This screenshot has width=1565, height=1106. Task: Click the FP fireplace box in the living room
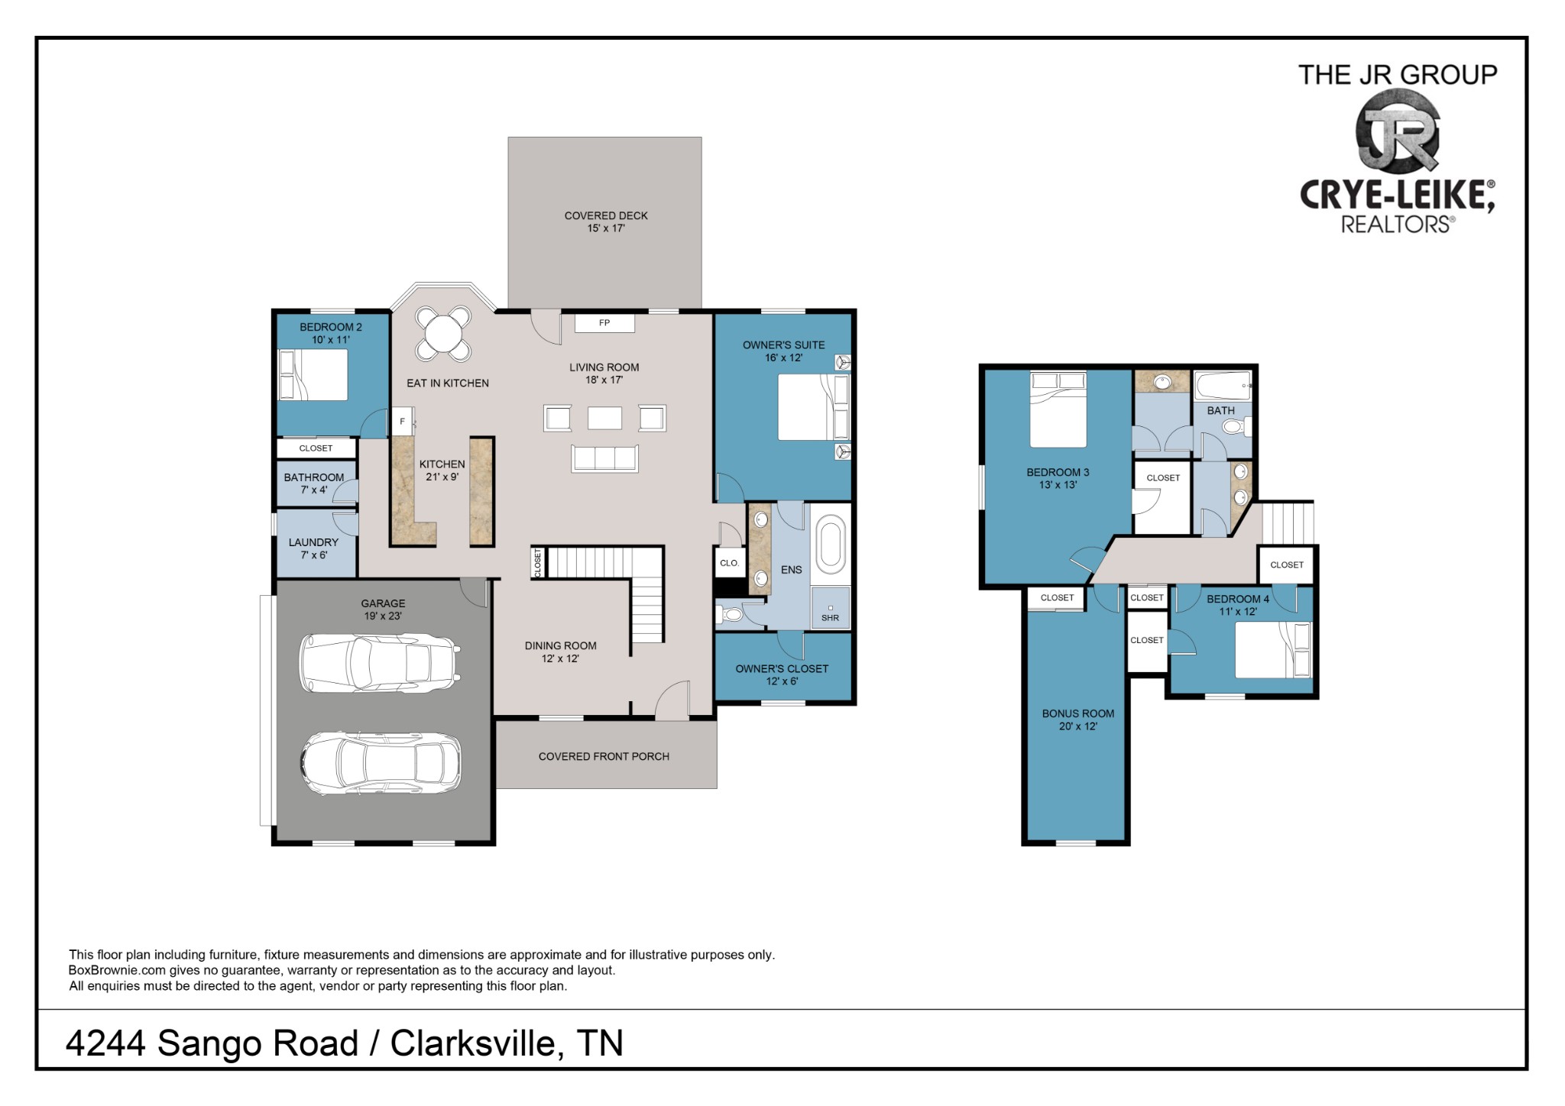coord(604,323)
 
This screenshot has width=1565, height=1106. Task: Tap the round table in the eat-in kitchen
coord(443,333)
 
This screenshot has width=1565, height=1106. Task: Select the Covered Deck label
coord(606,222)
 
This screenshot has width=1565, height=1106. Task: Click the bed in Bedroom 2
coord(313,374)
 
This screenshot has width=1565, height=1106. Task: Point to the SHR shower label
coord(830,618)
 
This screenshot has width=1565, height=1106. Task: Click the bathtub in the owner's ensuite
coord(831,544)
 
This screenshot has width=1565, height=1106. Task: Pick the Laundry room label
coord(313,548)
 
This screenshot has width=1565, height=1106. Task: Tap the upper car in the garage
coord(380,662)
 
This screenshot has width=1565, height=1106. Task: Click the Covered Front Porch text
coord(604,756)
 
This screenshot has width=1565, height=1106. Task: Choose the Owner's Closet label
coord(782,674)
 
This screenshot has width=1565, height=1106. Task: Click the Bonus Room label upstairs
coord(1078,720)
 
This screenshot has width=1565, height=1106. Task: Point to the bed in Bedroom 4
coord(1273,649)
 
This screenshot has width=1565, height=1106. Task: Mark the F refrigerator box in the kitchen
coord(403,421)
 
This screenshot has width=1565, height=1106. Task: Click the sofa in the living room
coord(604,458)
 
